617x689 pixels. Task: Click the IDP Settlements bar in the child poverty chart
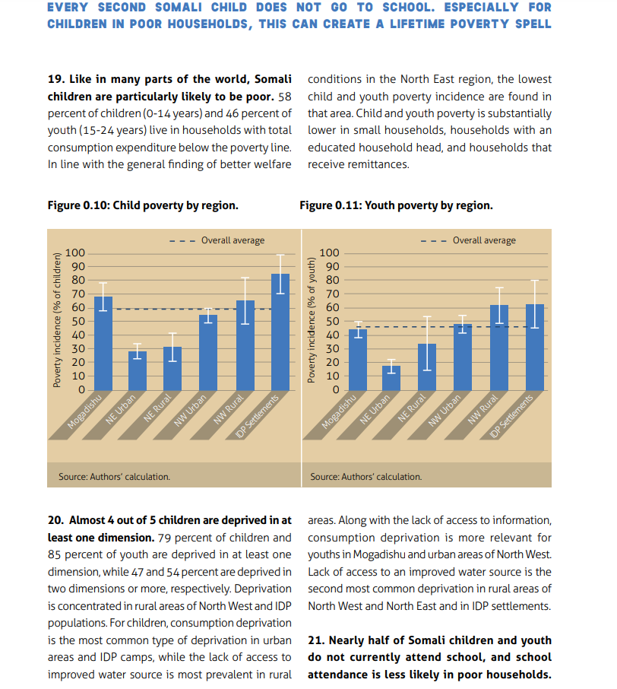[280, 332]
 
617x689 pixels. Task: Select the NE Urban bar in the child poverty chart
[138, 371]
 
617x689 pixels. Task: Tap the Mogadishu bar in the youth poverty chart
[358, 360]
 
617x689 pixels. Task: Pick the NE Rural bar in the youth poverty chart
[427, 367]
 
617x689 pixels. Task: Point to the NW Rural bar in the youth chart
[499, 348]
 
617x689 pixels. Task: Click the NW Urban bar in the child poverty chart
[208, 352]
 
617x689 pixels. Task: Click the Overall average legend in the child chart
[217, 240]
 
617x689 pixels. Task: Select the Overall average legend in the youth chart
[468, 240]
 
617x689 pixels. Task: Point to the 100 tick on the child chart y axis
[75, 252]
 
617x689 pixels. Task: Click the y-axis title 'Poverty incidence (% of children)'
[57, 320]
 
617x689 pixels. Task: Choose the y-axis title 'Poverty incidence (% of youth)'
[312, 320]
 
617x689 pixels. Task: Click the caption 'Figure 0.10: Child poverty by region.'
[143, 205]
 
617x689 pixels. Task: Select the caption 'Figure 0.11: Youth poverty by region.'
[396, 205]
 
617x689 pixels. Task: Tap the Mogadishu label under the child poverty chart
[84, 411]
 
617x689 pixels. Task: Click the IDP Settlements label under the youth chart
[511, 416]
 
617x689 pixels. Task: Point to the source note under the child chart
[114, 477]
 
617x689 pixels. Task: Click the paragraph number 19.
[55, 79]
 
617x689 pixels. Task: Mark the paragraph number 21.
[316, 640]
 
